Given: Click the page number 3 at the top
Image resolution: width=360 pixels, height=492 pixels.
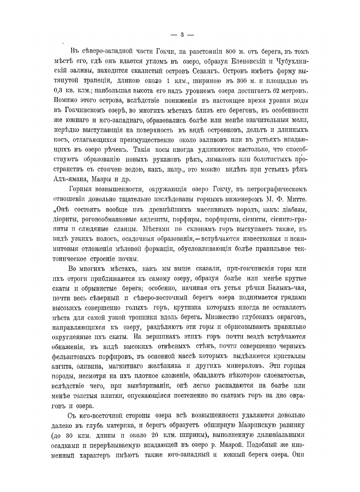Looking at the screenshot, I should (x=182, y=35).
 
